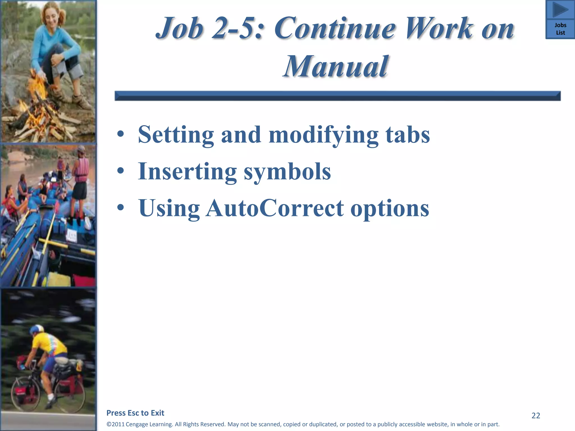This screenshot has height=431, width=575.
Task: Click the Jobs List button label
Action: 560,29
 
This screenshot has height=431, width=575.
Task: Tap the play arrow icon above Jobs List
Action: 560,10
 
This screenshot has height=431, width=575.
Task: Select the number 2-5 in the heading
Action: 238,28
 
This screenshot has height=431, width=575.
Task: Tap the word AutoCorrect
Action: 275,208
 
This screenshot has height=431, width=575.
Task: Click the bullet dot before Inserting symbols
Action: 120,171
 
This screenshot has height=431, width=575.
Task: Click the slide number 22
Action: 536,416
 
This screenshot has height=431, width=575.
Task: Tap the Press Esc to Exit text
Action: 135,413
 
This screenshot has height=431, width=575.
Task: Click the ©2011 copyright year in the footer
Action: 116,424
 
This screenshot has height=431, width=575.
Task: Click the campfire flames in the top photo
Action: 38,93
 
